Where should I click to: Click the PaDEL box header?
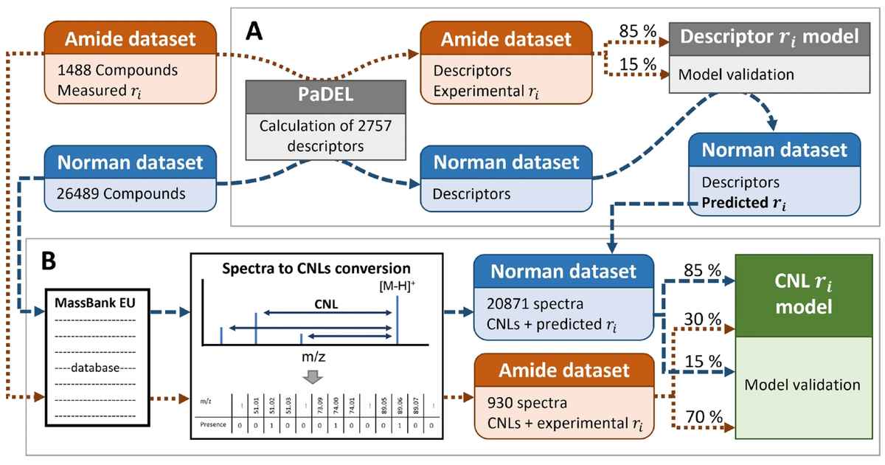(327, 97)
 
